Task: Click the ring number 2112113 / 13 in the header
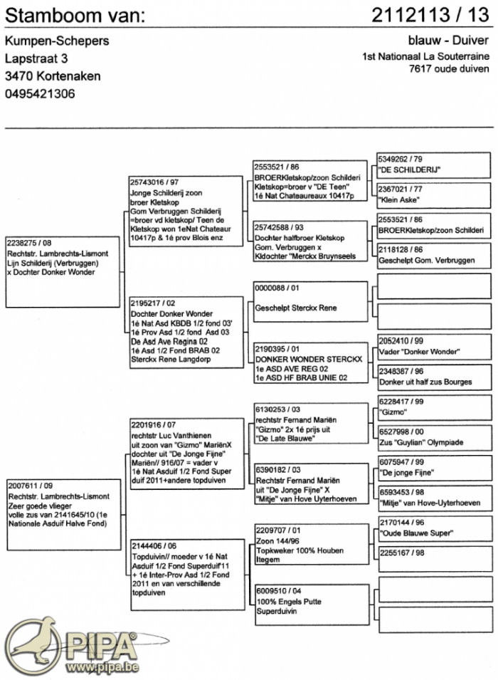(x=430, y=15)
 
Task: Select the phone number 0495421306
(x=40, y=94)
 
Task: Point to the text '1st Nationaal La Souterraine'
(x=425, y=57)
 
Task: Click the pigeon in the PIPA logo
(x=32, y=645)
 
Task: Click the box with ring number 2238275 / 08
(x=63, y=271)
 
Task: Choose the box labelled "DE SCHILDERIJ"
(x=433, y=165)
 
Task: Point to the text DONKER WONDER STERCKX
(x=308, y=359)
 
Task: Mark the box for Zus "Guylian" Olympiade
(x=433, y=438)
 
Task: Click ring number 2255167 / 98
(x=403, y=552)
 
